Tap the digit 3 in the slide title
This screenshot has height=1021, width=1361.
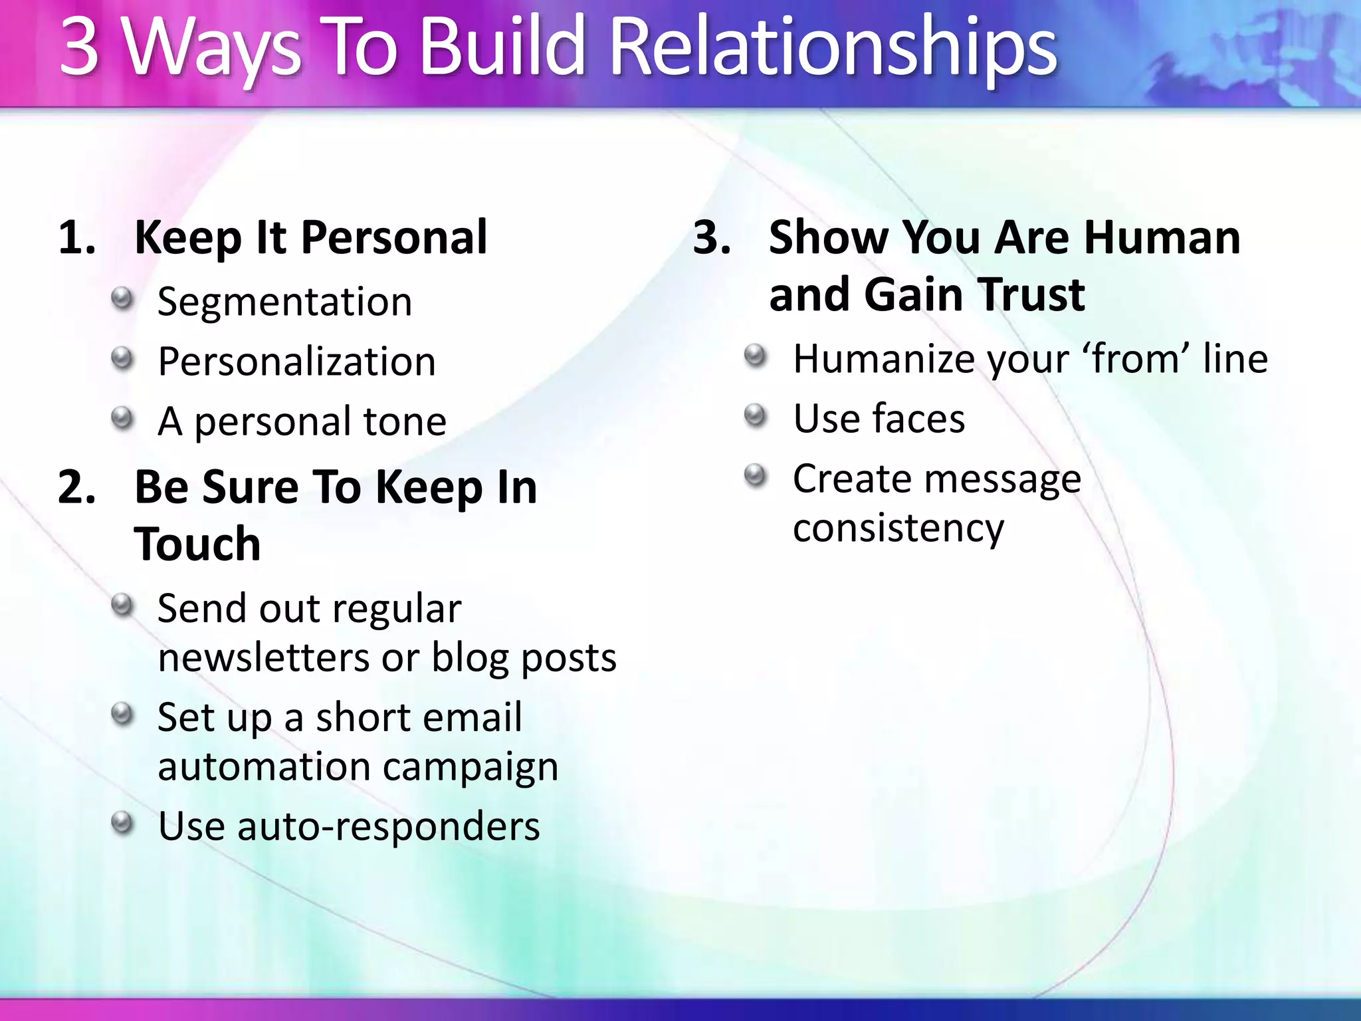pyautogui.click(x=80, y=48)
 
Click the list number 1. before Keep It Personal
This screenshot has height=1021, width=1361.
pyautogui.click(x=76, y=238)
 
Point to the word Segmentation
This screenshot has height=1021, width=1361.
pyautogui.click(x=284, y=302)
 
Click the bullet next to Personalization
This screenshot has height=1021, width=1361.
pyautogui.click(x=122, y=359)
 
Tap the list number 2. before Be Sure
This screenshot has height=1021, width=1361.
pyautogui.click(x=76, y=487)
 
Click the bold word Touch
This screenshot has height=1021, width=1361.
pyautogui.click(x=197, y=544)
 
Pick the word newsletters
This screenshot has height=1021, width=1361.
pyautogui.click(x=263, y=658)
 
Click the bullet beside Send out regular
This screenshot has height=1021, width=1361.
pyautogui.click(x=122, y=606)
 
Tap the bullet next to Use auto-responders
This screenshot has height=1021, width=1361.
pyautogui.click(x=122, y=824)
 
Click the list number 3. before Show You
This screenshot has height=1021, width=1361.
pyautogui.click(x=711, y=238)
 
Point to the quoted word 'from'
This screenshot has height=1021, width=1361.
pyautogui.click(x=1136, y=359)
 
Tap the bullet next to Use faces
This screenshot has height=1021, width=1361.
pyautogui.click(x=756, y=416)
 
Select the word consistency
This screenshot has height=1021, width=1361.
pyautogui.click(x=898, y=528)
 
